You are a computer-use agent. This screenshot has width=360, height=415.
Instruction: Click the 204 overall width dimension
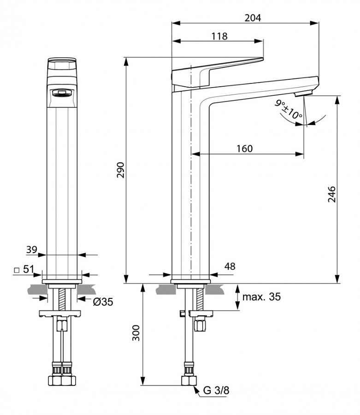pos(253,18)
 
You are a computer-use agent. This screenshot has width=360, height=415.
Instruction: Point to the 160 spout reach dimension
pos(244,148)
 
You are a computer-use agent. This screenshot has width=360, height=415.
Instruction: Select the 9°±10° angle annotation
pos(289,110)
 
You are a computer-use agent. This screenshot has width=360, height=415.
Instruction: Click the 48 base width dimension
pos(230,266)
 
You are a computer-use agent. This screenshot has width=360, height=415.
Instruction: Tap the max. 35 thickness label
pos(262,296)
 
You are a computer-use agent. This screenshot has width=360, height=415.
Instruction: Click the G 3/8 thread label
pos(216,391)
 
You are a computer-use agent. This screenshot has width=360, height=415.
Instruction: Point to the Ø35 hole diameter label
pos(103,302)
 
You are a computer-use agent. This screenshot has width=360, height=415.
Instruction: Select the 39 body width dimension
pos(31,249)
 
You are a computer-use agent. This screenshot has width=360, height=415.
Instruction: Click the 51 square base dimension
pos(29,269)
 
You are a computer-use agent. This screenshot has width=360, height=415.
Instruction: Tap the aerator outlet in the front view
pos(61,94)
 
